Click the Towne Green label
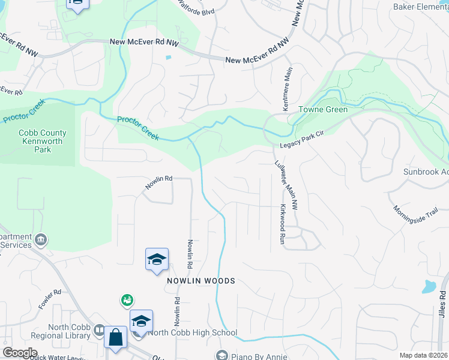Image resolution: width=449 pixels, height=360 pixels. [x=324, y=110]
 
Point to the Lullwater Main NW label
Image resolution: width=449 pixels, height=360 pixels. [x=286, y=185]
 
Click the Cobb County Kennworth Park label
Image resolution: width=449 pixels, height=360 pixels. [x=43, y=141]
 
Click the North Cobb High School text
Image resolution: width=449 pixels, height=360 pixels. [x=193, y=332]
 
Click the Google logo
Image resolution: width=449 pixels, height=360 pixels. [x=19, y=353]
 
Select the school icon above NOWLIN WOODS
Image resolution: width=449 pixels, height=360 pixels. [x=157, y=260]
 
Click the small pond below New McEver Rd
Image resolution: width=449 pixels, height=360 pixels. [x=168, y=58]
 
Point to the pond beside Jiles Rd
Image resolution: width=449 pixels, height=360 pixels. [x=430, y=286]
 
